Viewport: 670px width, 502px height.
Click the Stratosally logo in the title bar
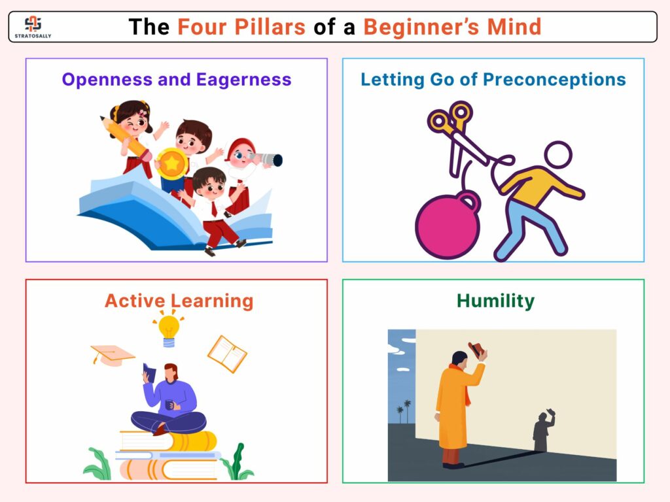33,27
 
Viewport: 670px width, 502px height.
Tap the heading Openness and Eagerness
177,80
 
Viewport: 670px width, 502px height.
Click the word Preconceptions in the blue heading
554,80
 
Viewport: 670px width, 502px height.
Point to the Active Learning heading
179,301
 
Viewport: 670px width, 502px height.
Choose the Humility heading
496,301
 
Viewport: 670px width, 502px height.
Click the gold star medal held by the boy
172,163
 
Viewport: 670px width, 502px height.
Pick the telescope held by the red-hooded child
268,159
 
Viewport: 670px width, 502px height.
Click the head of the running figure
558,154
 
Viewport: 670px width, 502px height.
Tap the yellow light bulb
169,329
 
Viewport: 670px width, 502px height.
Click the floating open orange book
227,354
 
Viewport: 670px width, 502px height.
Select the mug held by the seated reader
169,404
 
